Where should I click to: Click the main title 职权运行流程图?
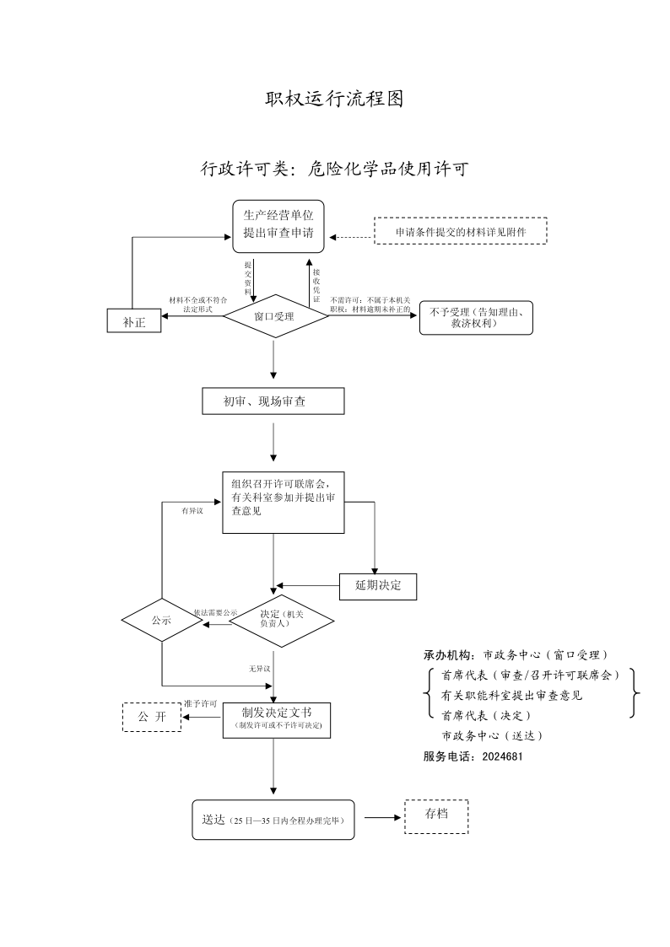[x=334, y=99]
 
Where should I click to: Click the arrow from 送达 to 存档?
[x=383, y=818]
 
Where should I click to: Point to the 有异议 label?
[x=192, y=511]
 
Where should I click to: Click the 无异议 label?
[x=260, y=670]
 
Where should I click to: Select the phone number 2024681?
[x=503, y=756]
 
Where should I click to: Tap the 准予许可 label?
[x=201, y=704]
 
